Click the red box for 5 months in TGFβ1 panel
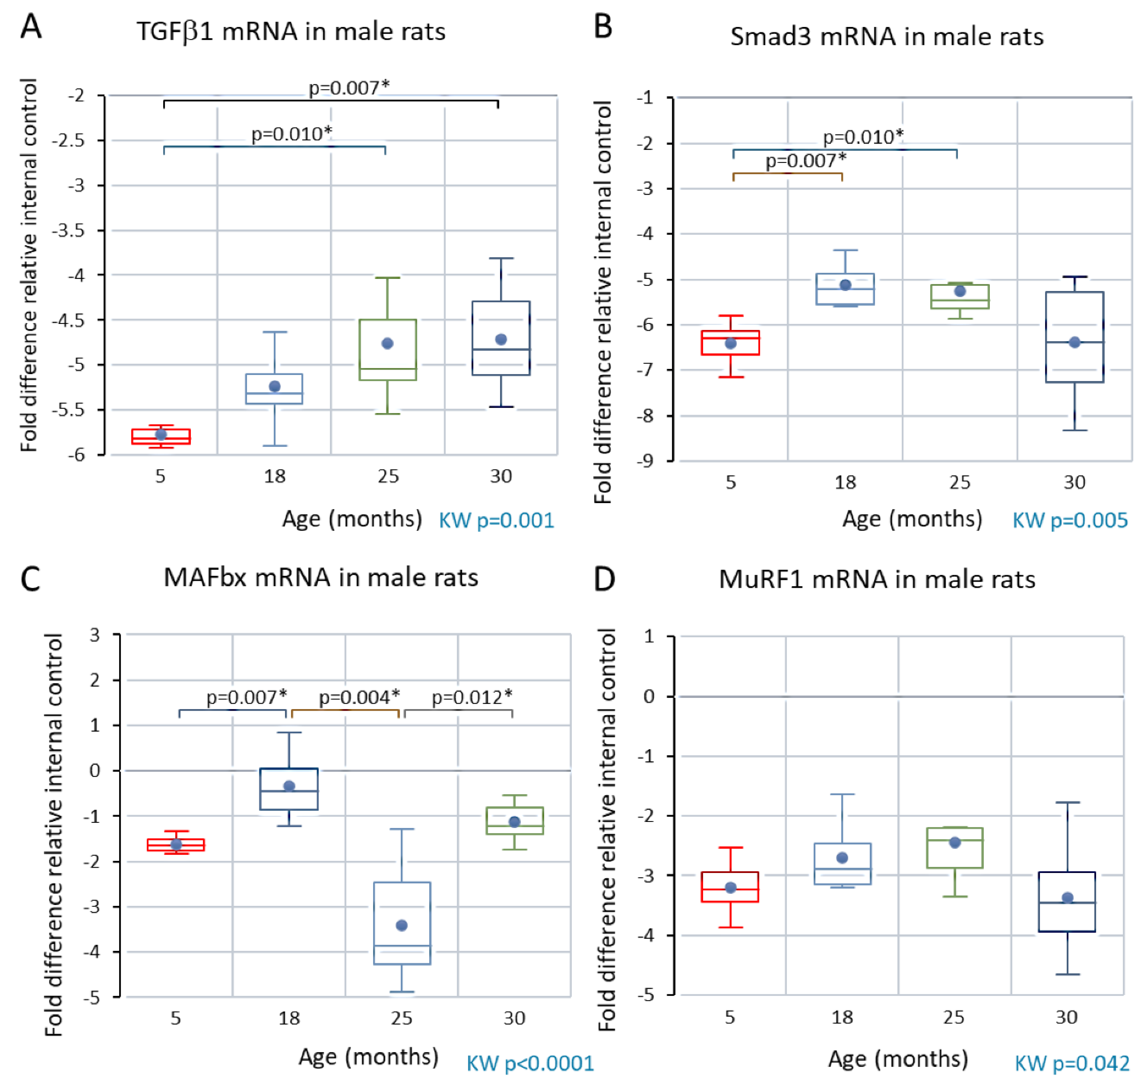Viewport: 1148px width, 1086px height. [x=161, y=436]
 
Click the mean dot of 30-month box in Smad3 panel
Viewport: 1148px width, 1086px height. [x=1074, y=342]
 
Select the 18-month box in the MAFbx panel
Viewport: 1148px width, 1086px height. [x=288, y=789]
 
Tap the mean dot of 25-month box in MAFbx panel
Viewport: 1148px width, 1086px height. [x=402, y=925]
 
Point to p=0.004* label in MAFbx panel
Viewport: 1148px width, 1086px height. [x=359, y=697]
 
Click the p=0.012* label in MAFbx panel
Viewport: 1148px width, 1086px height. [x=472, y=697]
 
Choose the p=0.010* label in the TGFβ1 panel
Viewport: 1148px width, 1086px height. [x=291, y=134]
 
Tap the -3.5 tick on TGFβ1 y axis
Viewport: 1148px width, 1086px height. [x=68, y=230]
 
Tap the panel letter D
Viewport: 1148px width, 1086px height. [x=604, y=579]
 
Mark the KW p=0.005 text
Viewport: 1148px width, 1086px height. [x=1070, y=520]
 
